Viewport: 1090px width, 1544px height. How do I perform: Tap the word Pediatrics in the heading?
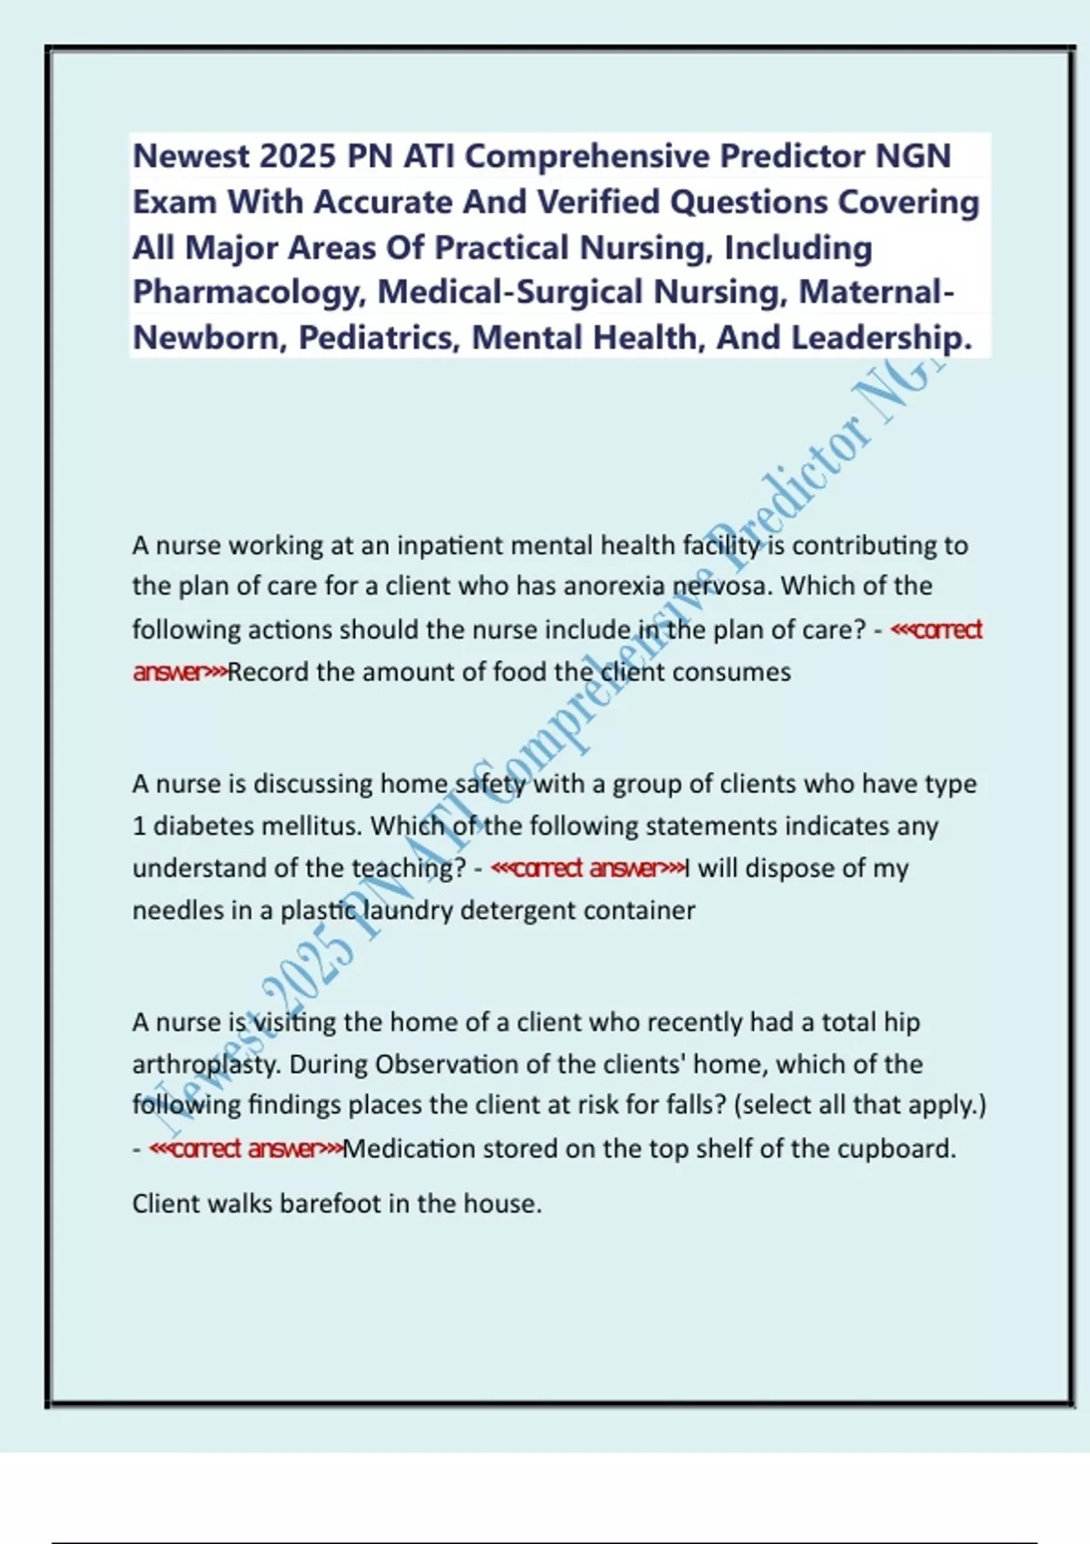(x=374, y=338)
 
